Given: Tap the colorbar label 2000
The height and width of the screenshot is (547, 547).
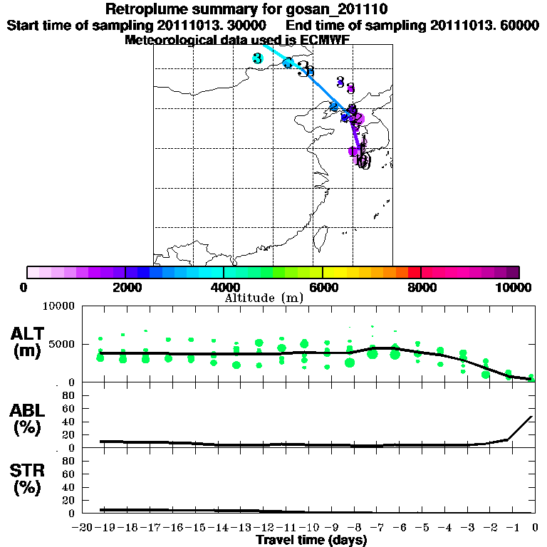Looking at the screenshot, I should (x=125, y=287).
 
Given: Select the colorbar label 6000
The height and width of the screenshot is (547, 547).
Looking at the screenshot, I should (x=323, y=287).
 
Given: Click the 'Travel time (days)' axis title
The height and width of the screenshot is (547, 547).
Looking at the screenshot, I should (x=311, y=541).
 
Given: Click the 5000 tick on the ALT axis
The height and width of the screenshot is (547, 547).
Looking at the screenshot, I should (x=63, y=345).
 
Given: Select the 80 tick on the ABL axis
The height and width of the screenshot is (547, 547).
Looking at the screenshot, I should (x=70, y=395).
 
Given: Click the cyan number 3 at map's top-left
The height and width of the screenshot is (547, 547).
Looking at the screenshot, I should (x=257, y=58).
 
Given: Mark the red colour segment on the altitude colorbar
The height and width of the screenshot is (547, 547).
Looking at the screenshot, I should (x=414, y=272).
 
